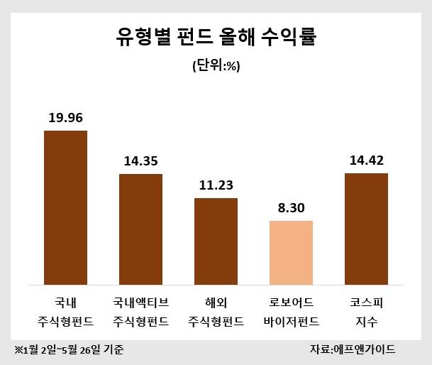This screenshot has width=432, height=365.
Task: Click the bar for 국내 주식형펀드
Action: [x=65, y=206]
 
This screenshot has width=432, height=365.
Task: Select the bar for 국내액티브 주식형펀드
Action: [x=140, y=227]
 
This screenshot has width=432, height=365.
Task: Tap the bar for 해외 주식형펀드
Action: [x=216, y=240]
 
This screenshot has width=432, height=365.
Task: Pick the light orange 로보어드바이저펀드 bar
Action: [x=291, y=251]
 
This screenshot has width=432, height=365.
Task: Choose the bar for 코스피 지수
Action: [x=366, y=227]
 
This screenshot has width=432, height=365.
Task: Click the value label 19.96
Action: [x=65, y=117]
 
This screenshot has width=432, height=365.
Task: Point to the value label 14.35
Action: [x=140, y=160]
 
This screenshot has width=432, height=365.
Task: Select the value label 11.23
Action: [x=216, y=185]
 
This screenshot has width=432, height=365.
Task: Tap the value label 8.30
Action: [x=291, y=208]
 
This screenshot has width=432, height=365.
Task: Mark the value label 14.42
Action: [x=366, y=160]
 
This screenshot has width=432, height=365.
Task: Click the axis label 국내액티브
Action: [x=140, y=302]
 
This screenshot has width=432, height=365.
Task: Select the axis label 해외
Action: [x=216, y=302]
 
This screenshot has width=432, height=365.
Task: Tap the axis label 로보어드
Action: [x=291, y=302]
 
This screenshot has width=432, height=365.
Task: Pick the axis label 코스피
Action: [x=366, y=302]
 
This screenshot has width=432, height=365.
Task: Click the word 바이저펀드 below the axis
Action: [x=291, y=321]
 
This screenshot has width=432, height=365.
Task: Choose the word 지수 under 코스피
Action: [x=366, y=321]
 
